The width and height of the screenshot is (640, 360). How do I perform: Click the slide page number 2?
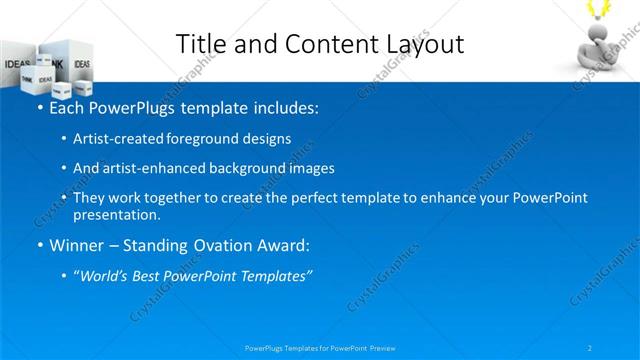[590, 348]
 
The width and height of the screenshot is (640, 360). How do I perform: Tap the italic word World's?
[105, 276]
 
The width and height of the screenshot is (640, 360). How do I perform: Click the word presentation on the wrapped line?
[116, 214]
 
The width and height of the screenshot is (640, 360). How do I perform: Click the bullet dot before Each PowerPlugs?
[39, 107]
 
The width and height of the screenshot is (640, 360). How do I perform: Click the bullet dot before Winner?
[39, 246]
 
